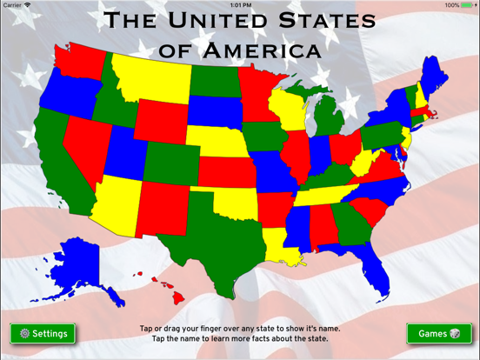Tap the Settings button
tap(43, 334)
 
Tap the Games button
tap(439, 334)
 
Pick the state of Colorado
tap(170, 161)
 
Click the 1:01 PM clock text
tap(240, 5)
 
